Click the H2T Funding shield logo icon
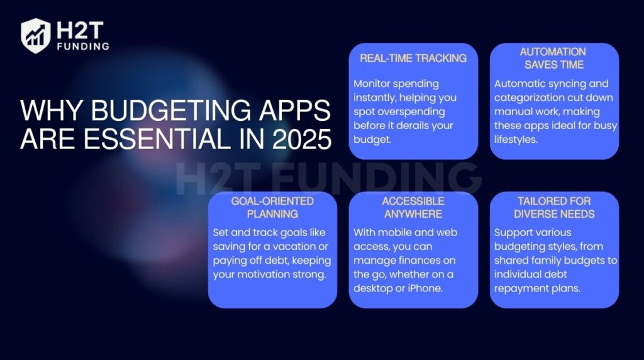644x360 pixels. click(x=35, y=35)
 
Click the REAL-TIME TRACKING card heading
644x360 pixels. click(x=413, y=58)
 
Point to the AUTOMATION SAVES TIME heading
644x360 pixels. click(x=553, y=58)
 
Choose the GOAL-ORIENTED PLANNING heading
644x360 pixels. click(x=272, y=207)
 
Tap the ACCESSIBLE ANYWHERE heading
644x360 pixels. click(x=413, y=207)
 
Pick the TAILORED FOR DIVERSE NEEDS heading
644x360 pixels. click(x=553, y=207)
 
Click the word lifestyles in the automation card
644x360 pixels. click(x=516, y=139)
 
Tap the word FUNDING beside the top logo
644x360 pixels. click(x=82, y=46)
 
